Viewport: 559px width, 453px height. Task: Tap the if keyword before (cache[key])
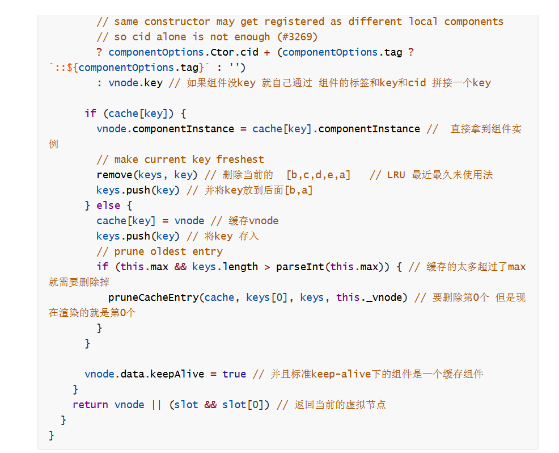90,114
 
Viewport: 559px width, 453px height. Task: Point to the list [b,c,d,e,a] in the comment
318,175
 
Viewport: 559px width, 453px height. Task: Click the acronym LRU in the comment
396,175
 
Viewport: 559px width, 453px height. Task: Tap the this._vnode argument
371,297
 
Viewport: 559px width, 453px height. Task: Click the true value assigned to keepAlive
234,374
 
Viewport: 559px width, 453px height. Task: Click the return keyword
90,405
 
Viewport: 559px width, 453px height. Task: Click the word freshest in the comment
240,160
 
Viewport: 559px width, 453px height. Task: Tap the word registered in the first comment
294,22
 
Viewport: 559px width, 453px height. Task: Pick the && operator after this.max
180,267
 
